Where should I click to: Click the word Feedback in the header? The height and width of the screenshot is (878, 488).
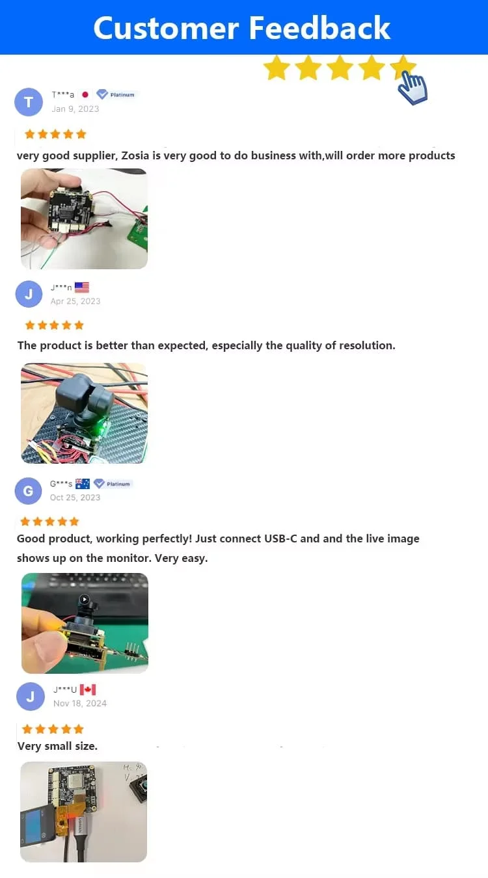[x=319, y=28]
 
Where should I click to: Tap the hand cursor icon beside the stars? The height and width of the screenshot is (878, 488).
[x=413, y=88]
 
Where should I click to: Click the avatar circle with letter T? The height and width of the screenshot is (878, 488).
[x=29, y=102]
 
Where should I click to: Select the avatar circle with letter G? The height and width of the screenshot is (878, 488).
[x=28, y=491]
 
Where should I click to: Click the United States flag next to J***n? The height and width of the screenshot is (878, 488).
[x=82, y=287]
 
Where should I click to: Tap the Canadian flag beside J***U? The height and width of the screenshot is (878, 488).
[x=88, y=689]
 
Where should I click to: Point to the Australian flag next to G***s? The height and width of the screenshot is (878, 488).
[x=83, y=484]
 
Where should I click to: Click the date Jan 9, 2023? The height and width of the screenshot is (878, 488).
[x=75, y=109]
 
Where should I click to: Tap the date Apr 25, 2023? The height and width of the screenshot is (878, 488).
[x=75, y=301]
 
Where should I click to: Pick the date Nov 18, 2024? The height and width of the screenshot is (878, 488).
[x=80, y=703]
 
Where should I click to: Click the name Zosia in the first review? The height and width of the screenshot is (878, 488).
[x=135, y=155]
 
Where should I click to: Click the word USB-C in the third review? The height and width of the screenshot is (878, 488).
[x=280, y=539]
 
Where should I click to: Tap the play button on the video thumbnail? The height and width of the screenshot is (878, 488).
[x=85, y=599]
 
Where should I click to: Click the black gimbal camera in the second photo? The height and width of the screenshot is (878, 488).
[x=85, y=397]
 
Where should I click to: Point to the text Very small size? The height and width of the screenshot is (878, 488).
[x=57, y=746]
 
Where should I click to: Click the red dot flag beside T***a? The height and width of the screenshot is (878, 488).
[x=85, y=94]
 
